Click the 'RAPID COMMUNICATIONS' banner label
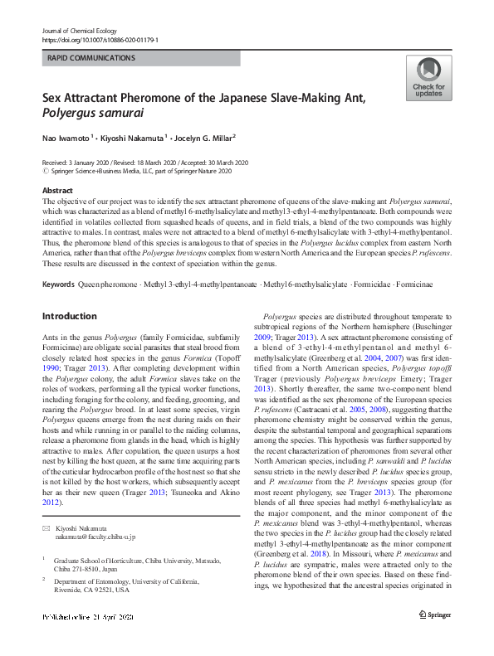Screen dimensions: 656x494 pos(92,58)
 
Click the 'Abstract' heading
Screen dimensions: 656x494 pos(57,190)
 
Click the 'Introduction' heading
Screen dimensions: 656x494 pos(69,293)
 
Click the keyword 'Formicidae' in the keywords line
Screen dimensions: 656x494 pos(376,262)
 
